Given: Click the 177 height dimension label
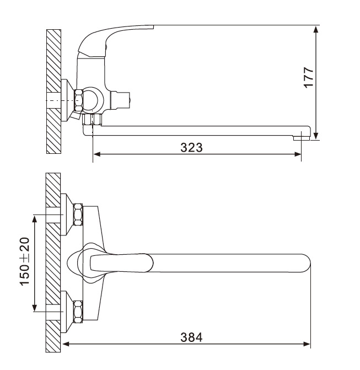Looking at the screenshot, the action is click(309, 78).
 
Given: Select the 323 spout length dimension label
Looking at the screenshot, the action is click(191, 148).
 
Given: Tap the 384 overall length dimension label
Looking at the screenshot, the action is click(191, 337).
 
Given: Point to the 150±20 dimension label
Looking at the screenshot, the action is click(25, 261).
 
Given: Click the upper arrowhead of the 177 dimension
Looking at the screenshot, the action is click(316, 29).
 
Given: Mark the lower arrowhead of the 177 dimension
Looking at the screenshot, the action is click(316, 136).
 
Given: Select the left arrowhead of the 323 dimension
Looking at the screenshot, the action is click(97, 154).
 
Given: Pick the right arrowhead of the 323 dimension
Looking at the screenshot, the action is click(297, 154).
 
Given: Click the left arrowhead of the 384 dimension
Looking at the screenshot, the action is click(66, 344).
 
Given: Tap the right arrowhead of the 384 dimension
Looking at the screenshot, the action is click(307, 344).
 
